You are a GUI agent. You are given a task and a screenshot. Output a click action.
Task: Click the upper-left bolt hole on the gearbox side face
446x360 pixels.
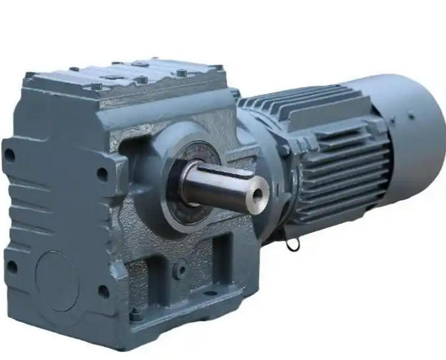click(9, 155)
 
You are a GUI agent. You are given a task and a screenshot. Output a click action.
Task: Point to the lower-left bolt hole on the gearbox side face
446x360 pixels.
click(11, 267)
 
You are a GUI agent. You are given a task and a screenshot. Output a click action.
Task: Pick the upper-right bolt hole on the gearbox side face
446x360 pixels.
click(102, 174)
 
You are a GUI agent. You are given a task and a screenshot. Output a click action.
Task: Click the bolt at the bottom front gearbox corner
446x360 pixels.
click(136, 315)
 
